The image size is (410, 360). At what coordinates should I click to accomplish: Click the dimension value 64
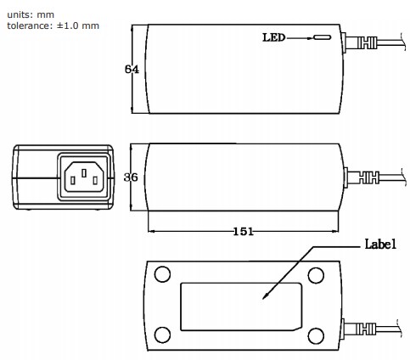pos(132,70)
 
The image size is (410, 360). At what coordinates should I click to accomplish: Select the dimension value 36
pos(131,177)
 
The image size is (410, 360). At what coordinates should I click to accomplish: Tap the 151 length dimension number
pos(243,229)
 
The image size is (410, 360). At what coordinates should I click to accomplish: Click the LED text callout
pos(274,38)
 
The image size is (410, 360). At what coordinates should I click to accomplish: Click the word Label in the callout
pos(381,245)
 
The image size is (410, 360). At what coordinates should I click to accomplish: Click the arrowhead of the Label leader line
pos(267,297)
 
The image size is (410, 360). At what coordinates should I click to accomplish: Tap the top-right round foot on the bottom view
pos(315,275)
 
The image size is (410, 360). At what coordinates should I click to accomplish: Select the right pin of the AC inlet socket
pos(94,179)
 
